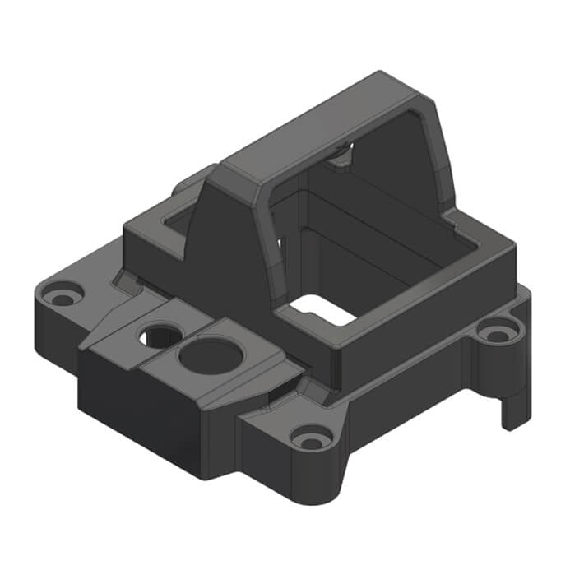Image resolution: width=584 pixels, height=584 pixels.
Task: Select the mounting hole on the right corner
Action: pos(496,333)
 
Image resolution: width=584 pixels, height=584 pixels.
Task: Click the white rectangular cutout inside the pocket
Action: pos(322,309)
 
